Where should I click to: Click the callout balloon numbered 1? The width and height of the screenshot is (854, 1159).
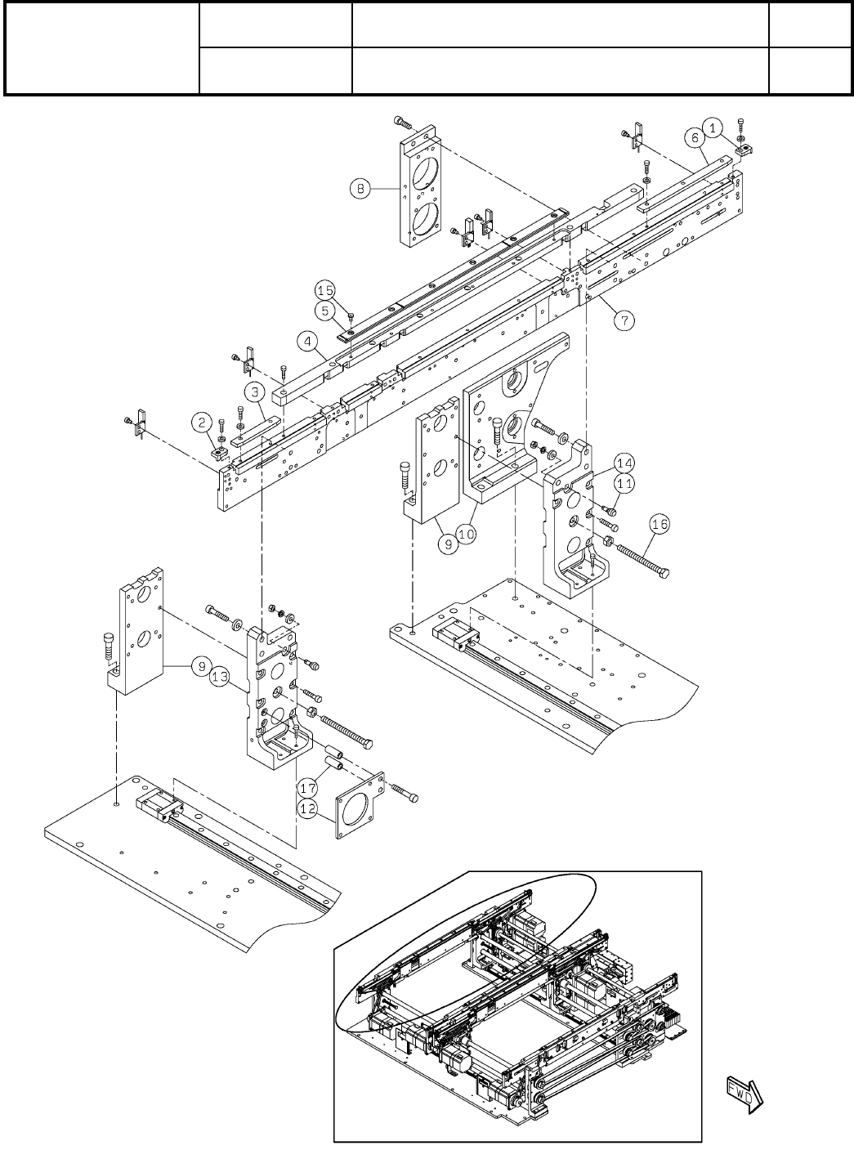713,128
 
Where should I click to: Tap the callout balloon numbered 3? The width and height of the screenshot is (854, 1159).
256,393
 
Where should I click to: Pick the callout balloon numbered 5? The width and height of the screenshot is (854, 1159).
325,311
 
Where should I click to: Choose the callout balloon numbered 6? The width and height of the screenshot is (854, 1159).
695,139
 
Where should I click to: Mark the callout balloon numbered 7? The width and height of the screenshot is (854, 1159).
624,320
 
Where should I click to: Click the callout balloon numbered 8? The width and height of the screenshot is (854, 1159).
358,189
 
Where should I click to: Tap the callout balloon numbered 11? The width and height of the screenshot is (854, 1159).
624,483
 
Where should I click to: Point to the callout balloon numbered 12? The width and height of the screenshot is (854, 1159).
306,809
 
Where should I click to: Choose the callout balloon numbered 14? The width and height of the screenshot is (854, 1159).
625,463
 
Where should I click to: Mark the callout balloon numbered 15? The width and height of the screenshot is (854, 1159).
325,290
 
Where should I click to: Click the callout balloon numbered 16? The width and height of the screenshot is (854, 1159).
660,524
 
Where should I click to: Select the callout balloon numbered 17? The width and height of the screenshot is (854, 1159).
307,789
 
